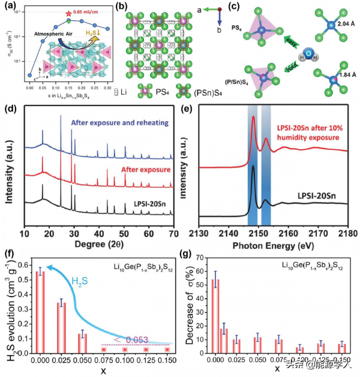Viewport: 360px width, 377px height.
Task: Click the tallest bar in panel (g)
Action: pyautogui.click(x=215, y=317)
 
